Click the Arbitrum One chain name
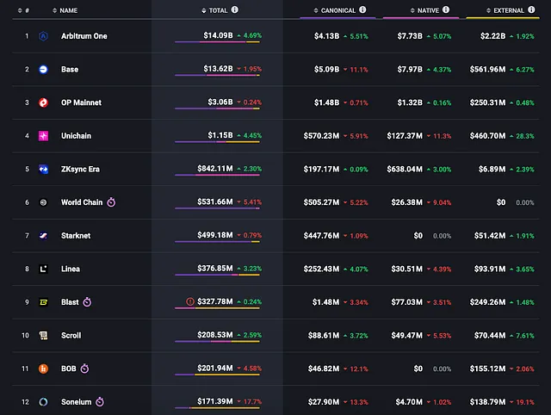point(84,36)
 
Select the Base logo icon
point(43,69)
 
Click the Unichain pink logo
point(43,136)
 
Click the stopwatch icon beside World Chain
point(111,202)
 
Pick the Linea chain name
point(71,269)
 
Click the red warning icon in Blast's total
point(190,302)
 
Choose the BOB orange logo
point(43,369)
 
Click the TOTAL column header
point(219,10)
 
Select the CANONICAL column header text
point(336,10)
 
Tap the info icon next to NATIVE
point(447,9)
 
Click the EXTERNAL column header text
point(509,10)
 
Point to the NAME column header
point(69,10)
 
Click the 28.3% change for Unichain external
point(523,135)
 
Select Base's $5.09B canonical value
point(322,69)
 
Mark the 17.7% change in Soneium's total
point(250,402)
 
